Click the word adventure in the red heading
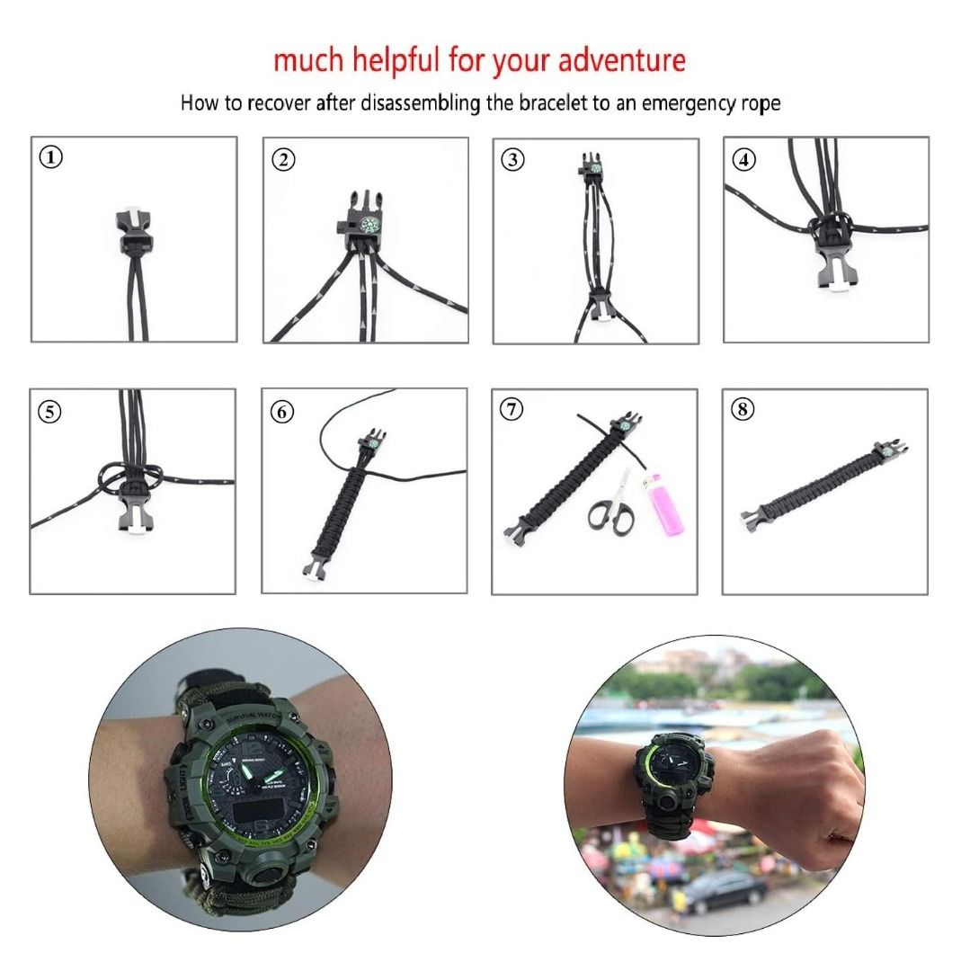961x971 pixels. pos(621,61)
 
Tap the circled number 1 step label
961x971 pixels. pos(52,157)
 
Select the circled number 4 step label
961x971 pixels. pos(743,160)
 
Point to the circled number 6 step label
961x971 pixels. pos(282,412)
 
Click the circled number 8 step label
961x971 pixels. pos(743,410)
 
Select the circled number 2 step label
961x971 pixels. pos(282,160)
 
